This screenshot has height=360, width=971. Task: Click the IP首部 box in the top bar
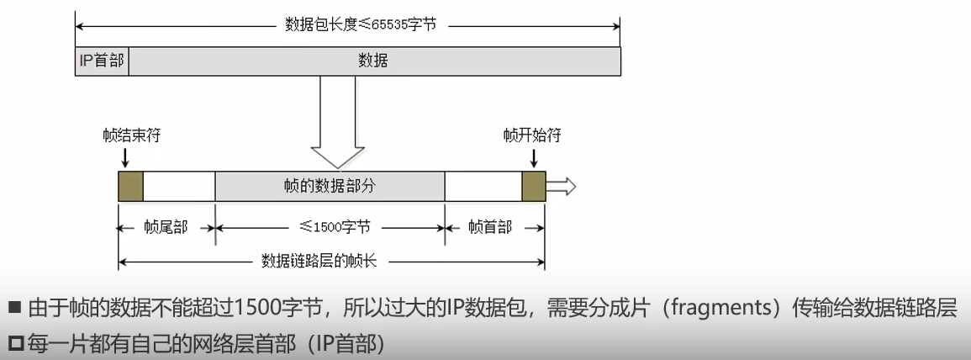click(102, 61)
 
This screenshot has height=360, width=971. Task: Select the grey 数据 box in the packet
click(373, 61)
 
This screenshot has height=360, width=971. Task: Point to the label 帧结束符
click(126, 135)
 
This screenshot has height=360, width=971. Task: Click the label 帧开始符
click(532, 135)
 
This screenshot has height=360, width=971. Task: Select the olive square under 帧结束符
click(130, 187)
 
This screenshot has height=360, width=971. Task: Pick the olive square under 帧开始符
click(533, 187)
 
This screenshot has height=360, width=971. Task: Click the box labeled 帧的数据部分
click(330, 187)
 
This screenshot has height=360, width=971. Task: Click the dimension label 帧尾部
click(166, 228)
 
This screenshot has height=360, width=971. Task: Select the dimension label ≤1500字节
click(330, 228)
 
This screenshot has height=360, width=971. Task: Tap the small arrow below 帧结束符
click(124, 157)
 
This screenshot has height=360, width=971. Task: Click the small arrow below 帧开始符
click(533, 157)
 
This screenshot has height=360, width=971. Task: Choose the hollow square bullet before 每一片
click(13, 344)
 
